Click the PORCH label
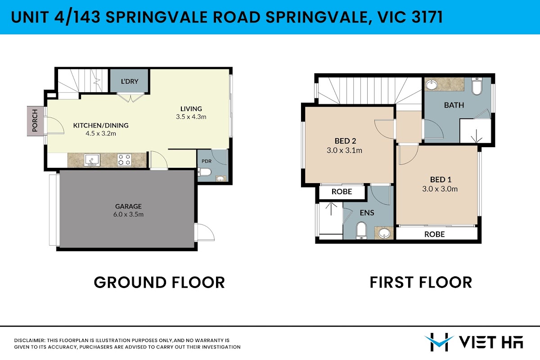35,121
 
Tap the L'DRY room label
130,81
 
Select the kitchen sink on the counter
92,160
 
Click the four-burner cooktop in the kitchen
124,160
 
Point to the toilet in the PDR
205,172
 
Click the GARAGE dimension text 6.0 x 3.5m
129,214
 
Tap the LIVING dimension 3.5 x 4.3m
191,117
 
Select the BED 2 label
345,141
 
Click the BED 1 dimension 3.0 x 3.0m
440,189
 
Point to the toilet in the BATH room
477,86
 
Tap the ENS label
367,213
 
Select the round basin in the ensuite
384,234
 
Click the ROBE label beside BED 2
342,192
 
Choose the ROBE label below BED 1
434,234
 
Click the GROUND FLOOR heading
159,282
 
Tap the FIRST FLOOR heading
421,282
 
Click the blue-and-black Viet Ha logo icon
439,342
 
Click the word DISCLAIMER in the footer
30,341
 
